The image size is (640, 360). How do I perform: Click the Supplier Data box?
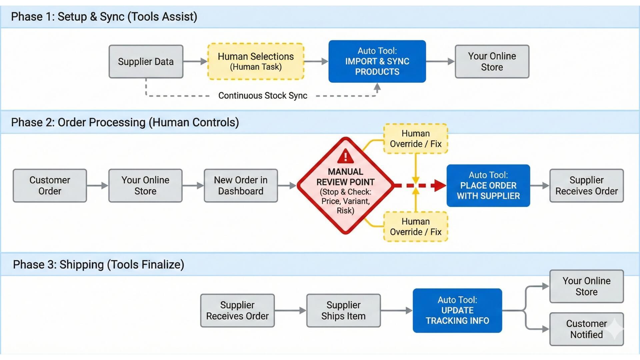tap(146, 62)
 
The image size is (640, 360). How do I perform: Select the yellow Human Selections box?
tap(256, 61)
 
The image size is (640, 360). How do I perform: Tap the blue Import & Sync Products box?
tap(377, 61)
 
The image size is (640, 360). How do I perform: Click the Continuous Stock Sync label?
tap(263, 96)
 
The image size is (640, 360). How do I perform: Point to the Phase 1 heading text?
tap(104, 17)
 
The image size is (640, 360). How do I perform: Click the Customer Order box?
tap(50, 186)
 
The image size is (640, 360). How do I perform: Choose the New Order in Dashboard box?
tap(241, 186)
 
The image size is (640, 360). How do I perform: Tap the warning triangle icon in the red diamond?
tap(345, 156)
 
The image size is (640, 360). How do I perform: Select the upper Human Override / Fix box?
tap(415, 139)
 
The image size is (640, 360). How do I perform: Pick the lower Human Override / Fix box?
tap(415, 227)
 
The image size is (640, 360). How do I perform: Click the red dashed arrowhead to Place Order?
tap(439, 185)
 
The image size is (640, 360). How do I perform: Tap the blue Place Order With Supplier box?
tap(488, 186)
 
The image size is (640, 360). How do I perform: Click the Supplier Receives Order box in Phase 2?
tap(586, 186)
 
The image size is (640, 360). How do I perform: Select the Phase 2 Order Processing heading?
tap(125, 122)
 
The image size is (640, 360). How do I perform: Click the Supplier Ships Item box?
tap(343, 310)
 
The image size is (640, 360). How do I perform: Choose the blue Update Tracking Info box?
tap(457, 310)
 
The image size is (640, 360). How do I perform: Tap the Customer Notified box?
tap(586, 329)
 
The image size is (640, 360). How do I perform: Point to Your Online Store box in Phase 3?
tap(586, 286)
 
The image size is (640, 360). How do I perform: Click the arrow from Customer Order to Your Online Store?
tap(97, 186)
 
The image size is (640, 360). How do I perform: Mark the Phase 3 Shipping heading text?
tap(98, 265)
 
